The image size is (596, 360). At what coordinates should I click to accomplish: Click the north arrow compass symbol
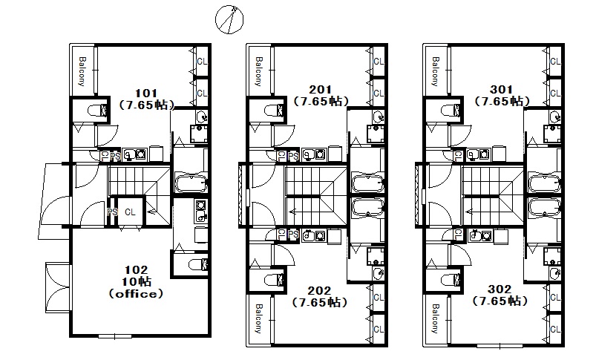tap(229, 19)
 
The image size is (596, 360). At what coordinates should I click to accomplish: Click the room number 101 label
tap(146, 93)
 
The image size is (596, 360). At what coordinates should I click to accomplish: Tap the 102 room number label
tap(136, 270)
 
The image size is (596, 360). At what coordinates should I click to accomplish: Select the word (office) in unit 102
tap(136, 294)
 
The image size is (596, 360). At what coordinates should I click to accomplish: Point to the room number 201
tap(321, 90)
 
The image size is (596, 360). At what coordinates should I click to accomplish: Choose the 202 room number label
tap(319, 291)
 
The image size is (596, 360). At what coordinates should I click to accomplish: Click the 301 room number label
tap(501, 90)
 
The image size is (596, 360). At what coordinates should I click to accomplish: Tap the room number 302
tap(500, 289)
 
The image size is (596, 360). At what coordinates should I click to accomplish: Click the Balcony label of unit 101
tap(82, 71)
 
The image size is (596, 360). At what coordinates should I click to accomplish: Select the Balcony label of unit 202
tap(258, 318)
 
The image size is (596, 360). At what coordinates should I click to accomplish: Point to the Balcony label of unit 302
tap(435, 318)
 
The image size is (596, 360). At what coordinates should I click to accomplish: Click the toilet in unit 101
tap(98, 111)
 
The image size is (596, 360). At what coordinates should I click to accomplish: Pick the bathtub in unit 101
tap(191, 183)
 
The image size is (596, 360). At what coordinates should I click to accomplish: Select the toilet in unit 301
tap(451, 111)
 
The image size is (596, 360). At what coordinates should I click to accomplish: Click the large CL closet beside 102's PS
tap(130, 212)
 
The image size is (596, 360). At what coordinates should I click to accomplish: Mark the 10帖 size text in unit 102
tap(136, 281)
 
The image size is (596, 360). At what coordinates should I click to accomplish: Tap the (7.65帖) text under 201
tap(321, 102)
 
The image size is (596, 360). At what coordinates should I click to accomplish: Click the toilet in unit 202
tap(275, 281)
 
